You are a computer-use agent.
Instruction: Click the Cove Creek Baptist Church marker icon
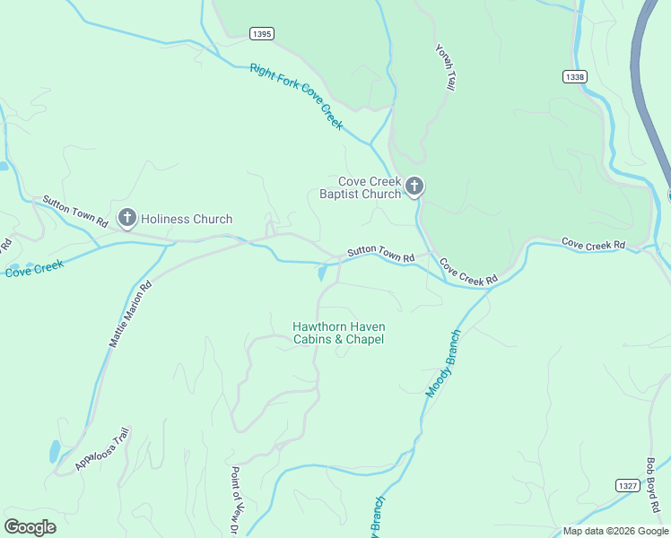414,186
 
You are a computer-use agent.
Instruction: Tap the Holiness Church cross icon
127,218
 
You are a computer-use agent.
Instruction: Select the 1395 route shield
262,33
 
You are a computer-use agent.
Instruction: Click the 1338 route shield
575,77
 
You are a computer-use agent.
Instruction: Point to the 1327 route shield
627,485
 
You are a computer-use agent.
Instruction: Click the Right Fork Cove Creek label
296,96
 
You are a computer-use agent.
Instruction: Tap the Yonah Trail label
445,66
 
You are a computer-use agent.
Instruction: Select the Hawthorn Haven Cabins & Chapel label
338,333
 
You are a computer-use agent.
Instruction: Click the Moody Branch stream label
442,363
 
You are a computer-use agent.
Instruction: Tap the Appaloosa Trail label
102,449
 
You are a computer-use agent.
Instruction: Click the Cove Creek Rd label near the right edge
593,244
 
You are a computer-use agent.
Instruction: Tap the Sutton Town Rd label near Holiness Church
75,211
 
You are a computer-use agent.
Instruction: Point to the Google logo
30,527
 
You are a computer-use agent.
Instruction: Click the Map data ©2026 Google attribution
616,531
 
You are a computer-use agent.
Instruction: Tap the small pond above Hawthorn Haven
321,272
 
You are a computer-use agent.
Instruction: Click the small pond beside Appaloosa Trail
56,450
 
